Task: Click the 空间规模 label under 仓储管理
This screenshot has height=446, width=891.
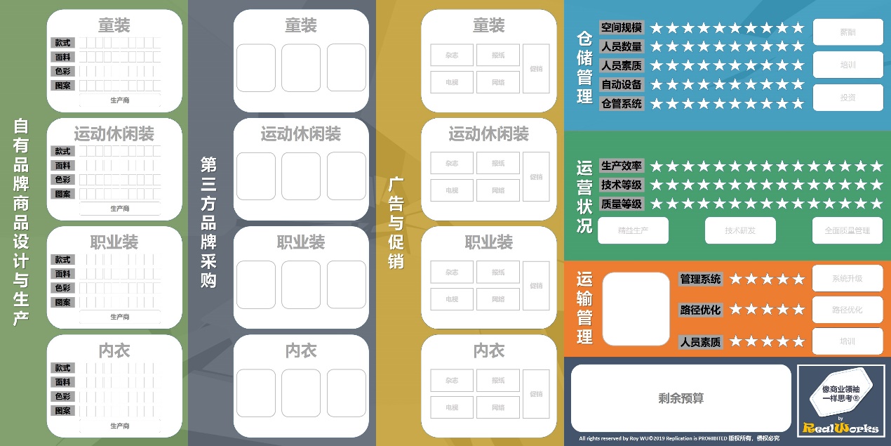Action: coord(622,27)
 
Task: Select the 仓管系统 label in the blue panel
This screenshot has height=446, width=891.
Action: coord(622,103)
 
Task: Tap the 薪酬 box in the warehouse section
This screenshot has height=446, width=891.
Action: coord(848,32)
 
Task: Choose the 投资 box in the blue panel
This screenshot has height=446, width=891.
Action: coord(848,98)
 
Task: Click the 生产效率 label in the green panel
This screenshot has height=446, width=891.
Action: coord(622,166)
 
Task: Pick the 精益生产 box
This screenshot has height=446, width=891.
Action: coord(633,230)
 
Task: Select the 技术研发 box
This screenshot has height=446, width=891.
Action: coord(740,230)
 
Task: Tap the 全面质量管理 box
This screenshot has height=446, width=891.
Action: coord(848,230)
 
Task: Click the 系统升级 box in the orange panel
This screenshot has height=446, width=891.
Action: coord(848,278)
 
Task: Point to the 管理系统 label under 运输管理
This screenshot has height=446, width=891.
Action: coord(700,279)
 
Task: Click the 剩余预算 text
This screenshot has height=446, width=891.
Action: coord(681,398)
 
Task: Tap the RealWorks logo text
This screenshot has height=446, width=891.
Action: coord(840,427)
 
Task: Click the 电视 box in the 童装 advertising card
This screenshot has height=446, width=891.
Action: coord(452,82)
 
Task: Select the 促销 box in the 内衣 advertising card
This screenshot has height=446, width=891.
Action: coord(537,394)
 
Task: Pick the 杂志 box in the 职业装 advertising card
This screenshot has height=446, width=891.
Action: coord(452,272)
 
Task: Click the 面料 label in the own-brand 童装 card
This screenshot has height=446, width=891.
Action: coord(63,57)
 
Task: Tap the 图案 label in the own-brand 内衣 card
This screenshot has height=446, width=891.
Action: coord(63,411)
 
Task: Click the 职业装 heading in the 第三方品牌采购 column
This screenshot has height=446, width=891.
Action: coord(301,242)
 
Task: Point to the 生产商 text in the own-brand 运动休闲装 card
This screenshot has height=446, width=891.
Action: coord(120,209)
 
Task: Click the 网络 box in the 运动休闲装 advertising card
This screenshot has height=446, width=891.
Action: coord(498,190)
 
